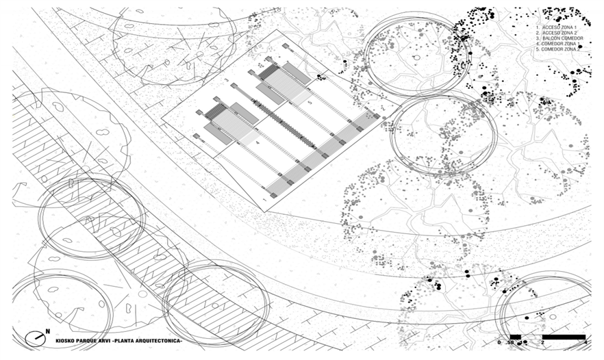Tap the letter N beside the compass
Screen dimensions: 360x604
pyautogui.click(x=47, y=332)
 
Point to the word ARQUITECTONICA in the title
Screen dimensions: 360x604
pyautogui.click(x=155, y=340)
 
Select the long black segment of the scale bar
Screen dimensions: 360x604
pyautogui.click(x=564, y=337)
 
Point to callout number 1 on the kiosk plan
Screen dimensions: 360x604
pyautogui.click(x=264, y=199)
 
